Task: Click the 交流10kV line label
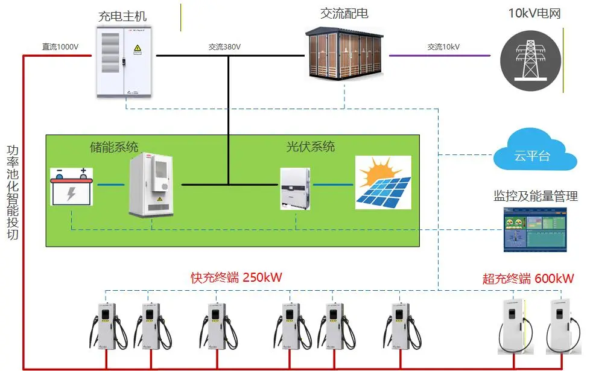click(x=443, y=46)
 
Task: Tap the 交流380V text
click(x=224, y=46)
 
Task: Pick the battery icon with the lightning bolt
click(x=71, y=186)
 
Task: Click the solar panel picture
click(x=382, y=182)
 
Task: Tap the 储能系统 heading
click(x=114, y=147)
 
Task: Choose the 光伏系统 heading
click(x=310, y=147)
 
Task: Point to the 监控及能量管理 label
click(x=536, y=196)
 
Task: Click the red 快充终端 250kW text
click(x=236, y=277)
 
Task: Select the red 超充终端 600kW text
click(x=528, y=278)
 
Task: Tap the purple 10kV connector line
click(x=439, y=56)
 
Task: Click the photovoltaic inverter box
click(x=296, y=188)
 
